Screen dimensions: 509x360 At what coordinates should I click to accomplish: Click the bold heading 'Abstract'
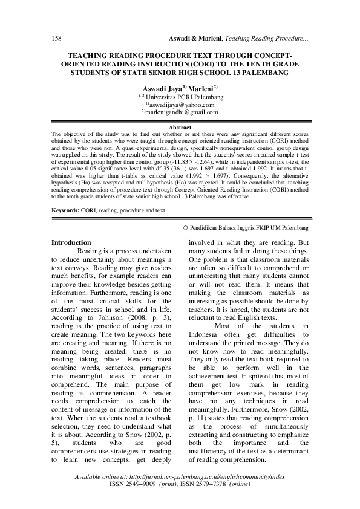[180, 128]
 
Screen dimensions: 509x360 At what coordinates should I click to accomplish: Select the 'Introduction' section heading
[71, 242]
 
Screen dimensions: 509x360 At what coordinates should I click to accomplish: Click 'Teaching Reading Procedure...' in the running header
[267, 39]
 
